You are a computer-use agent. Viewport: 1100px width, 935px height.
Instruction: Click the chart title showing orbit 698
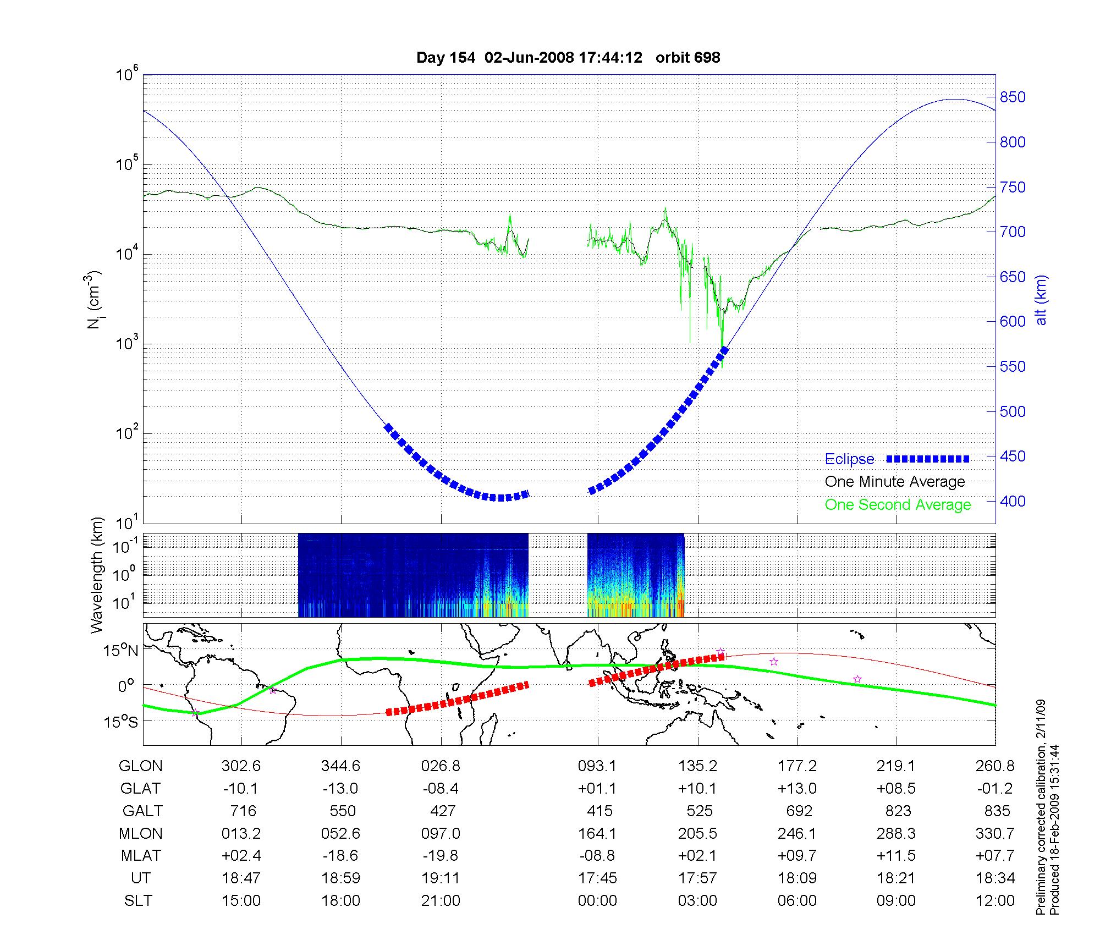[x=568, y=58]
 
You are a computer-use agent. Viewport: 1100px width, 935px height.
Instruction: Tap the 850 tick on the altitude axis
[x=1012, y=97]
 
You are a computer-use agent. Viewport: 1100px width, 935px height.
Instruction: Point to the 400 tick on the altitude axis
[x=1012, y=501]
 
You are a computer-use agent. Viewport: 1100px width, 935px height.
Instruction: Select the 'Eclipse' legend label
[x=849, y=459]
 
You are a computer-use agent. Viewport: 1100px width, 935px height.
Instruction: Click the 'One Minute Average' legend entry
[x=895, y=482]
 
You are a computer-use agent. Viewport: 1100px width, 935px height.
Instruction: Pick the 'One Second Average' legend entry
[x=898, y=505]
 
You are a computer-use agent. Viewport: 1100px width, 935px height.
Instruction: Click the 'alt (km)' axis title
[x=1041, y=300]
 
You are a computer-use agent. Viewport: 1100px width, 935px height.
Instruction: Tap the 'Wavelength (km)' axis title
[x=97, y=575]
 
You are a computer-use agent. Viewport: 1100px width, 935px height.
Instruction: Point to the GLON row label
[x=141, y=766]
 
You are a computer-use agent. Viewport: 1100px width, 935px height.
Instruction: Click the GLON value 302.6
[x=241, y=766]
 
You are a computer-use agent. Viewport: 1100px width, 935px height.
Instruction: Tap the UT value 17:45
[x=597, y=878]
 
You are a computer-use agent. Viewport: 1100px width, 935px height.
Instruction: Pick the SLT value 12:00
[x=996, y=901]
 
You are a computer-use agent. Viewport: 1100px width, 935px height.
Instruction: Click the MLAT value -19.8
[x=441, y=856]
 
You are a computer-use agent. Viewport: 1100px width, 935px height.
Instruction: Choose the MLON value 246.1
[x=797, y=834]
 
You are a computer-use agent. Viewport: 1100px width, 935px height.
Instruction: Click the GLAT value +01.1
[x=597, y=789]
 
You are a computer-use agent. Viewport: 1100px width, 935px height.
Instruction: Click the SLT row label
[x=139, y=901]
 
